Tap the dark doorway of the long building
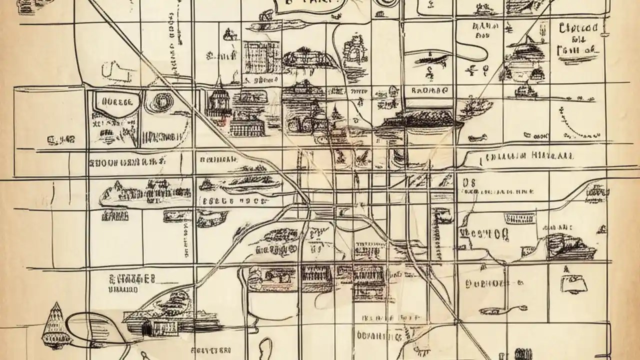coord(146,328)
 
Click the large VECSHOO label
coord(482,234)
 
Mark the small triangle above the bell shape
coord(566,269)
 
